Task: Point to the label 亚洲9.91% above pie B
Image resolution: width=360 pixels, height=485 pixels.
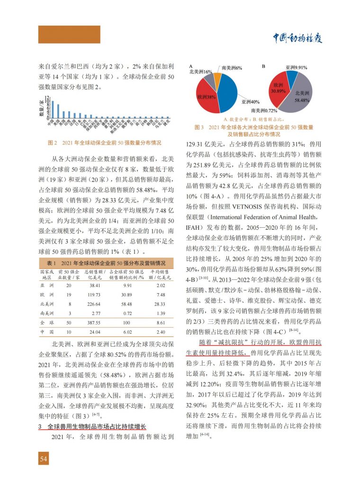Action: pos(297,68)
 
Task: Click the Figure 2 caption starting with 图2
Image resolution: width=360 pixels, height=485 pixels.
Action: pos(105,142)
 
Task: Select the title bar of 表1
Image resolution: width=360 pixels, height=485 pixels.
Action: pos(105,263)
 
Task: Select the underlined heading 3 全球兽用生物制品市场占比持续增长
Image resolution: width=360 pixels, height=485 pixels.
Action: pos(92,427)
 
